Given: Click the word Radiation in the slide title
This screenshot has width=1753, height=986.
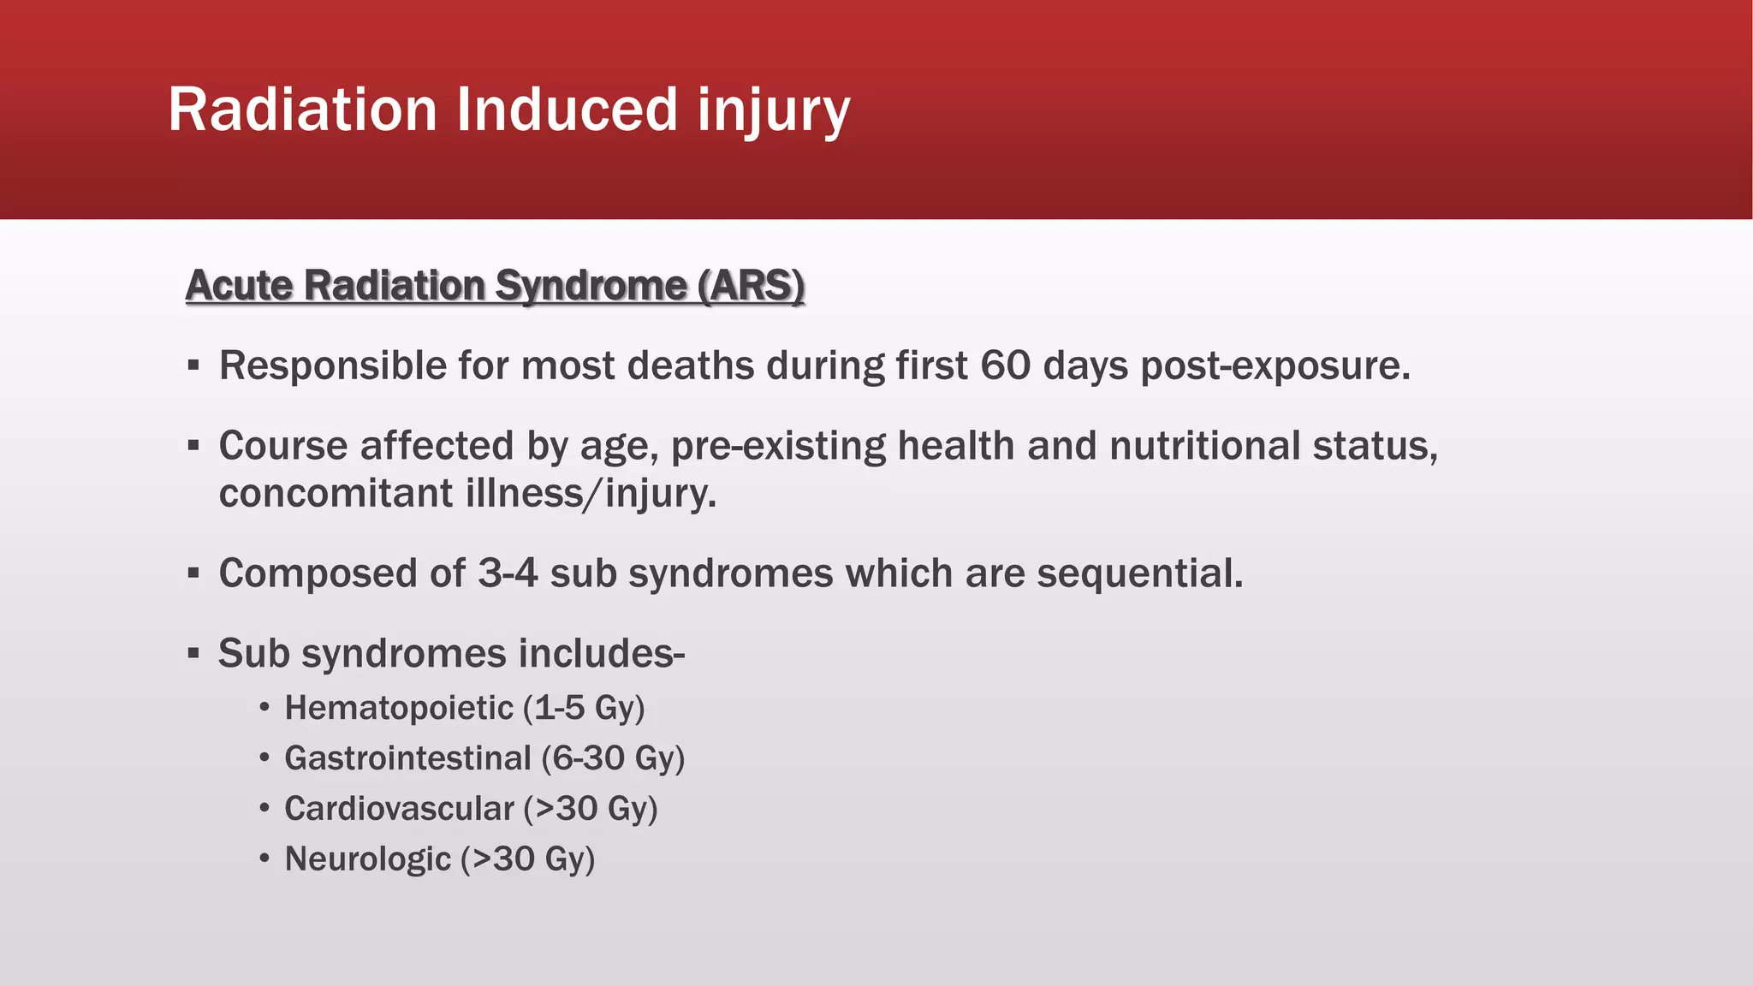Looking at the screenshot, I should point(302,110).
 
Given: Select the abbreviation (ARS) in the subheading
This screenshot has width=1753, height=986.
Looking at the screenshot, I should point(751,285).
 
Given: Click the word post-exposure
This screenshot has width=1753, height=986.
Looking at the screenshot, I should point(1275,366).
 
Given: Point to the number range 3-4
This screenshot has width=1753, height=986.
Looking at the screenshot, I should point(508,573).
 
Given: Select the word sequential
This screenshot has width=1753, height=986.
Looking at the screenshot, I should point(1140,573).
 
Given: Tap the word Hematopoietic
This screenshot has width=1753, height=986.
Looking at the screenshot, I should point(399,709).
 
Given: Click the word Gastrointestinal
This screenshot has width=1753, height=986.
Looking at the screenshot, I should point(408,758).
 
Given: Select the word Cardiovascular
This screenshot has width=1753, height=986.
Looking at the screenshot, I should point(400,809).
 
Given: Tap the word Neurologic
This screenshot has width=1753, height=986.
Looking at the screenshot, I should point(368,859).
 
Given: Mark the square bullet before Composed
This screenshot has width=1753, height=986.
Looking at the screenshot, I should point(193,573).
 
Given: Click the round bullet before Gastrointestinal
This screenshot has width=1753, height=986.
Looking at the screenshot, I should point(265,758).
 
